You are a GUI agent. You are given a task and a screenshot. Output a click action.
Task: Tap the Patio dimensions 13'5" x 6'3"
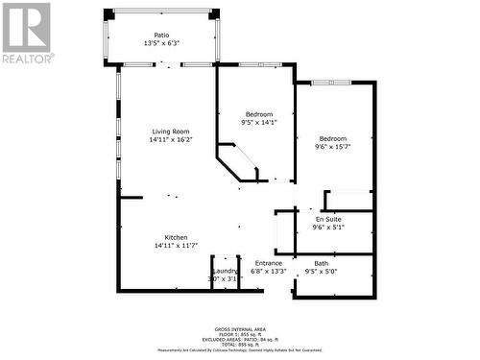(161, 43)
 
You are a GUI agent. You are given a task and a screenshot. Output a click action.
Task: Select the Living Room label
(170, 132)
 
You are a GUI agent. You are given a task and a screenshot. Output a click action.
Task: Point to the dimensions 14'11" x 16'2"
(170, 140)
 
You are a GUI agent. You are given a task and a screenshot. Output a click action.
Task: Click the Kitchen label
(176, 237)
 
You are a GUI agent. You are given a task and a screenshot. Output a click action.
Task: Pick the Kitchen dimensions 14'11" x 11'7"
(176, 246)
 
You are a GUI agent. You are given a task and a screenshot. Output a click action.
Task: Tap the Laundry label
(224, 271)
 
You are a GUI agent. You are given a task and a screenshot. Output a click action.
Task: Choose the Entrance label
(268, 263)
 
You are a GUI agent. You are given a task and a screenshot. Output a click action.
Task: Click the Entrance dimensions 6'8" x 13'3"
(268, 272)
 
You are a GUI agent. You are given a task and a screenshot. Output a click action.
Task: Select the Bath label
(321, 263)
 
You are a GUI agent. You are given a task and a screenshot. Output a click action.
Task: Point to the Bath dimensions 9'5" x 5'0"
(321, 272)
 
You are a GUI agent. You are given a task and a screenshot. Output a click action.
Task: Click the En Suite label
(327, 220)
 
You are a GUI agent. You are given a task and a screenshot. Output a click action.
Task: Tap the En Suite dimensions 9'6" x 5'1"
(327, 228)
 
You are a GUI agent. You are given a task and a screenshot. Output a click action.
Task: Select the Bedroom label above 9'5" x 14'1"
(257, 114)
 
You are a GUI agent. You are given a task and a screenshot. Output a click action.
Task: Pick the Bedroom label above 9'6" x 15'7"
(333, 138)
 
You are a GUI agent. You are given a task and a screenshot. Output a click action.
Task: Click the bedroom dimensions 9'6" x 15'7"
(333, 147)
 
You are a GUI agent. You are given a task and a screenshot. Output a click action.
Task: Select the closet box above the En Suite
(348, 201)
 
